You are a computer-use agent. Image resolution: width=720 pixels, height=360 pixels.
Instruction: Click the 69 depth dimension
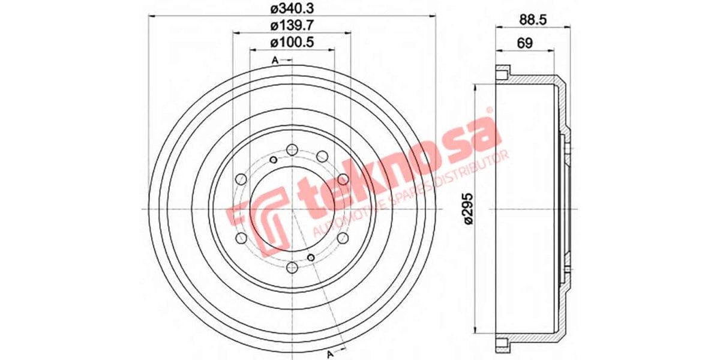pyautogui.click(x=525, y=43)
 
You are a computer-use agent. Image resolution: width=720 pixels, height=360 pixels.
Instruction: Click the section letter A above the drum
pyautogui.click(x=275, y=60)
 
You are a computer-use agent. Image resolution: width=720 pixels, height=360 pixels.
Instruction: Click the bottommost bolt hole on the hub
pyautogui.click(x=292, y=268)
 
